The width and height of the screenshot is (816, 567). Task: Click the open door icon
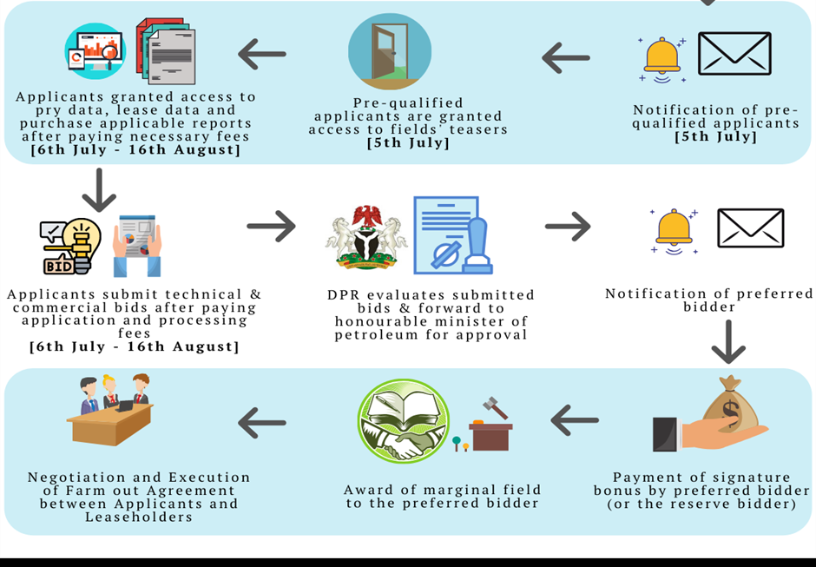pos(390,51)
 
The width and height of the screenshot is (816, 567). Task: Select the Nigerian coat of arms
pos(366,237)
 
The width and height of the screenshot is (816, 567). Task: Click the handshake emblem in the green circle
pos(404,421)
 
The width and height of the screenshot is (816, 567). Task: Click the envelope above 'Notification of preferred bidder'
pos(750,228)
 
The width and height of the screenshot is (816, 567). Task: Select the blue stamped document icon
pos(453,235)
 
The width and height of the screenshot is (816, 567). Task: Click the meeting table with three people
pos(111,410)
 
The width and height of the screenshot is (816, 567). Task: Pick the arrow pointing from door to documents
pos(262,54)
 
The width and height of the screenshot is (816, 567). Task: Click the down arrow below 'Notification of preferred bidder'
pos(728,341)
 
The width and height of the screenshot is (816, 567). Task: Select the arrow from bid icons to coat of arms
pos(271,226)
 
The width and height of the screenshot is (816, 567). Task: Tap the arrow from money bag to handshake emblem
pos(575,420)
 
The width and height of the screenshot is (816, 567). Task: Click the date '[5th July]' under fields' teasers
pos(408,142)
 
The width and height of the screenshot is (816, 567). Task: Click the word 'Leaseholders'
pos(139,517)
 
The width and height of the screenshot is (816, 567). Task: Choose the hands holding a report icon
pos(137,246)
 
